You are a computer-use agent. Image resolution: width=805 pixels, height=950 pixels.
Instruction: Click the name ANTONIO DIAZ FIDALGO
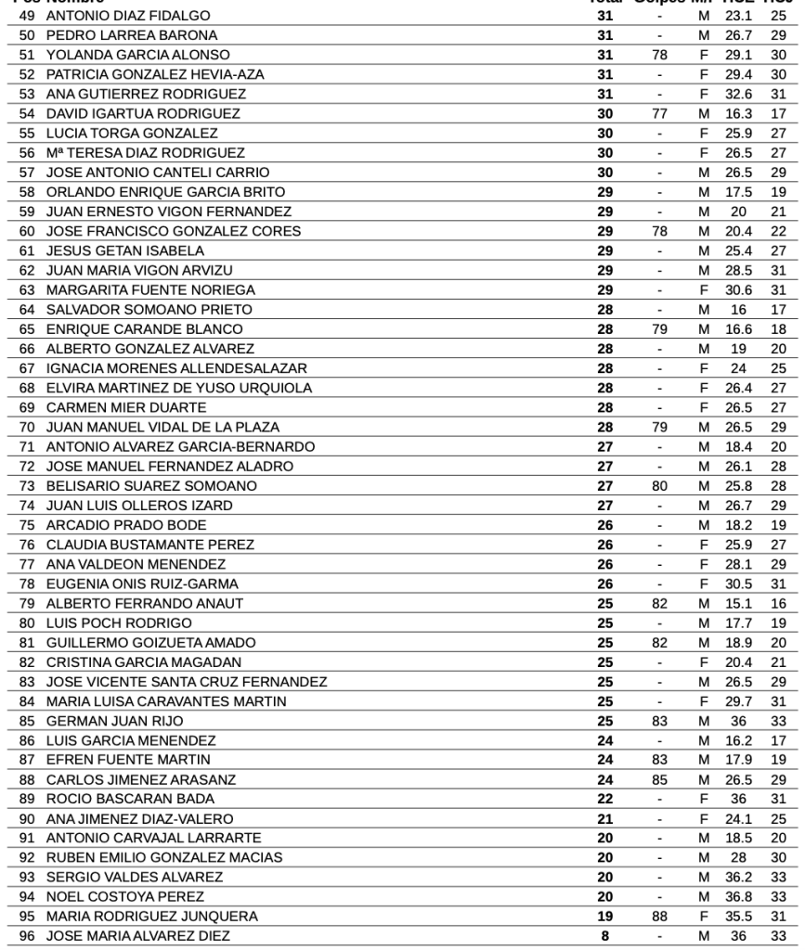click(x=128, y=16)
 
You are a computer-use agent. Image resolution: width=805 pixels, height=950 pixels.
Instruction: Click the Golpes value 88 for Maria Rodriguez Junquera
click(x=659, y=916)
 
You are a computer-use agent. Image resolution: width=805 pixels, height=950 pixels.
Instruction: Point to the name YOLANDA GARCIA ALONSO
click(x=138, y=55)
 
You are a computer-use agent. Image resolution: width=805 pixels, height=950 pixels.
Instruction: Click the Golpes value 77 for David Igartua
click(x=659, y=113)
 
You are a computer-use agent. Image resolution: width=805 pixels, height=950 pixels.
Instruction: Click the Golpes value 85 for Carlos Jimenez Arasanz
click(x=659, y=779)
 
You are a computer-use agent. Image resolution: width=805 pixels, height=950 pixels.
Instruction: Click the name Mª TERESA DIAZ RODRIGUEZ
click(x=146, y=152)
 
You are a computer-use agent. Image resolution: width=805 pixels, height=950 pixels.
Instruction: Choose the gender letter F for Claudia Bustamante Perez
click(x=704, y=545)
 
